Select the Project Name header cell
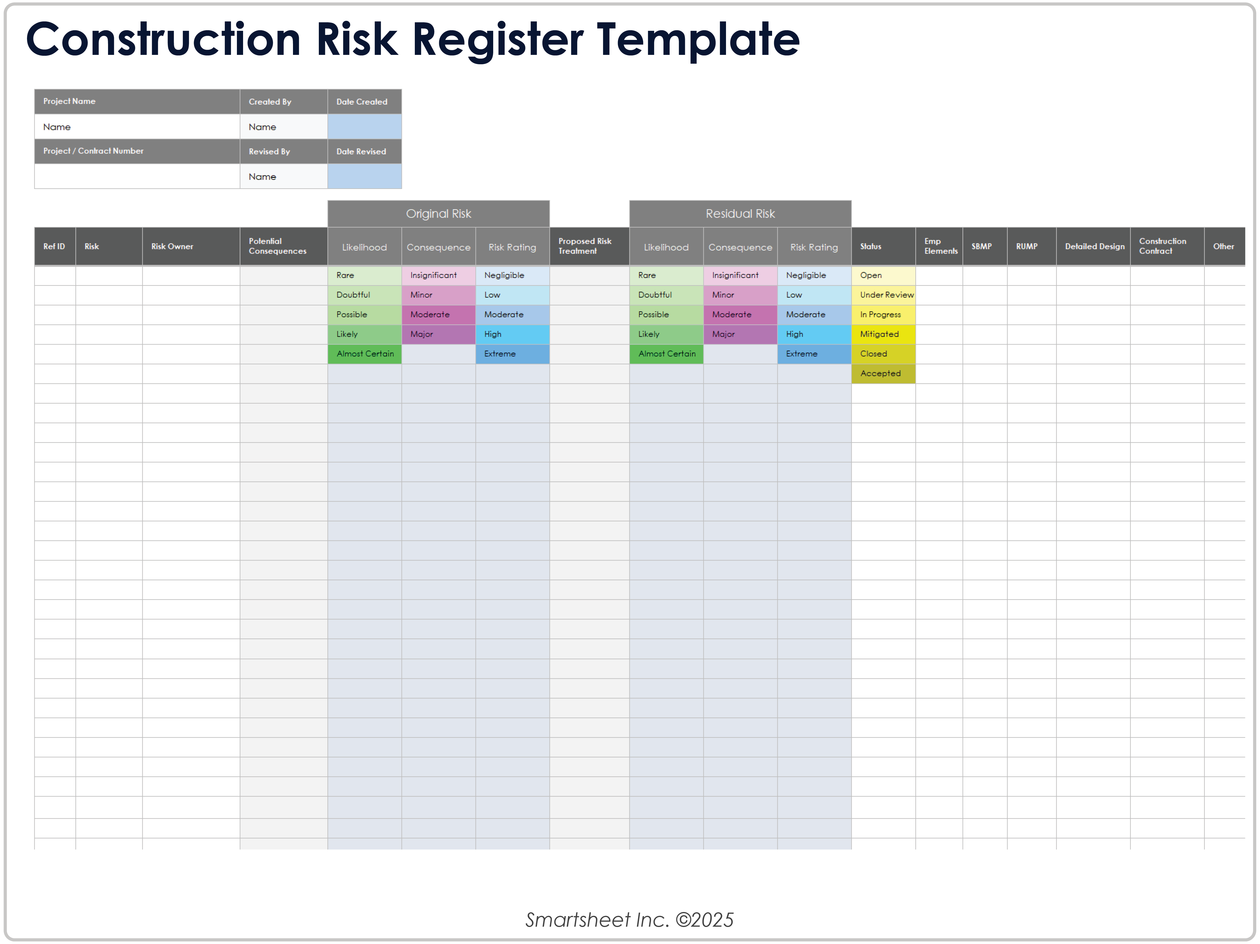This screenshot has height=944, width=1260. pos(137,101)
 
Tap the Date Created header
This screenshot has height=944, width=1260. pos(364,101)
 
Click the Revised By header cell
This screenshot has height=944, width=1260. pos(283,151)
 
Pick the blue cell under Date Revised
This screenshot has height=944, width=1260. pos(364,176)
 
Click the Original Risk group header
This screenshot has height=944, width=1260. pos(438,214)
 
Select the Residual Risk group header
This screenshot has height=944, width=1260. pos(740,214)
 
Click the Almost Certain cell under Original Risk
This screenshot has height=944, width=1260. pos(365,354)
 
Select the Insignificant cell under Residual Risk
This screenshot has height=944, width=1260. pos(740,275)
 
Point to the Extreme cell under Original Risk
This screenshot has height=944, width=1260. pos(512,354)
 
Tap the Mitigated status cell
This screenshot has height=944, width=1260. pos(883,334)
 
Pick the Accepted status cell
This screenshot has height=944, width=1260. pos(883,374)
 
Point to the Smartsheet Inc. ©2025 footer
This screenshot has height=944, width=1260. pos(629,920)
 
